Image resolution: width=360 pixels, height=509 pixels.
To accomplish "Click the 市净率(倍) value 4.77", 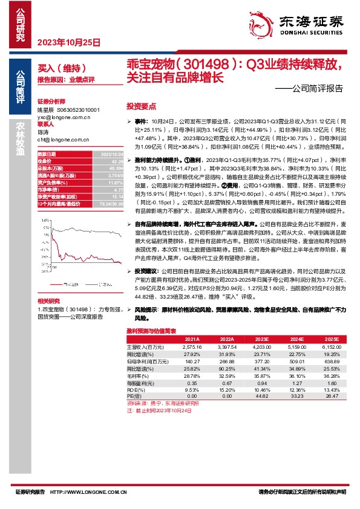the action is point(119,190).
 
